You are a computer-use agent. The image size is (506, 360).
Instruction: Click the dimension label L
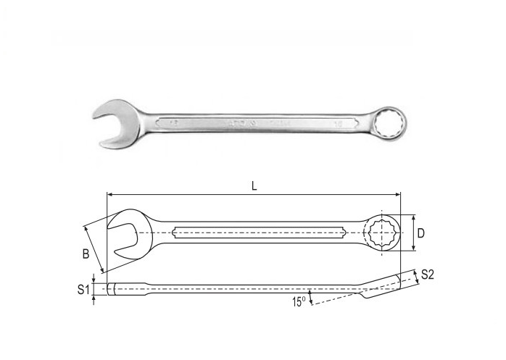(x=254, y=185)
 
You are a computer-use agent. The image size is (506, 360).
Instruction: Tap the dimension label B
(x=86, y=254)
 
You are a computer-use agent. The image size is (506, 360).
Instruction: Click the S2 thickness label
(x=427, y=274)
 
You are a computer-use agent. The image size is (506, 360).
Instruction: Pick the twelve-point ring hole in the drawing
(x=381, y=233)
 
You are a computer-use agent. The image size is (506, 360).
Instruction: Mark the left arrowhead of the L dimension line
(x=110, y=194)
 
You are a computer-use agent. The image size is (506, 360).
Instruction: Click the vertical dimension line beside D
(x=413, y=233)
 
